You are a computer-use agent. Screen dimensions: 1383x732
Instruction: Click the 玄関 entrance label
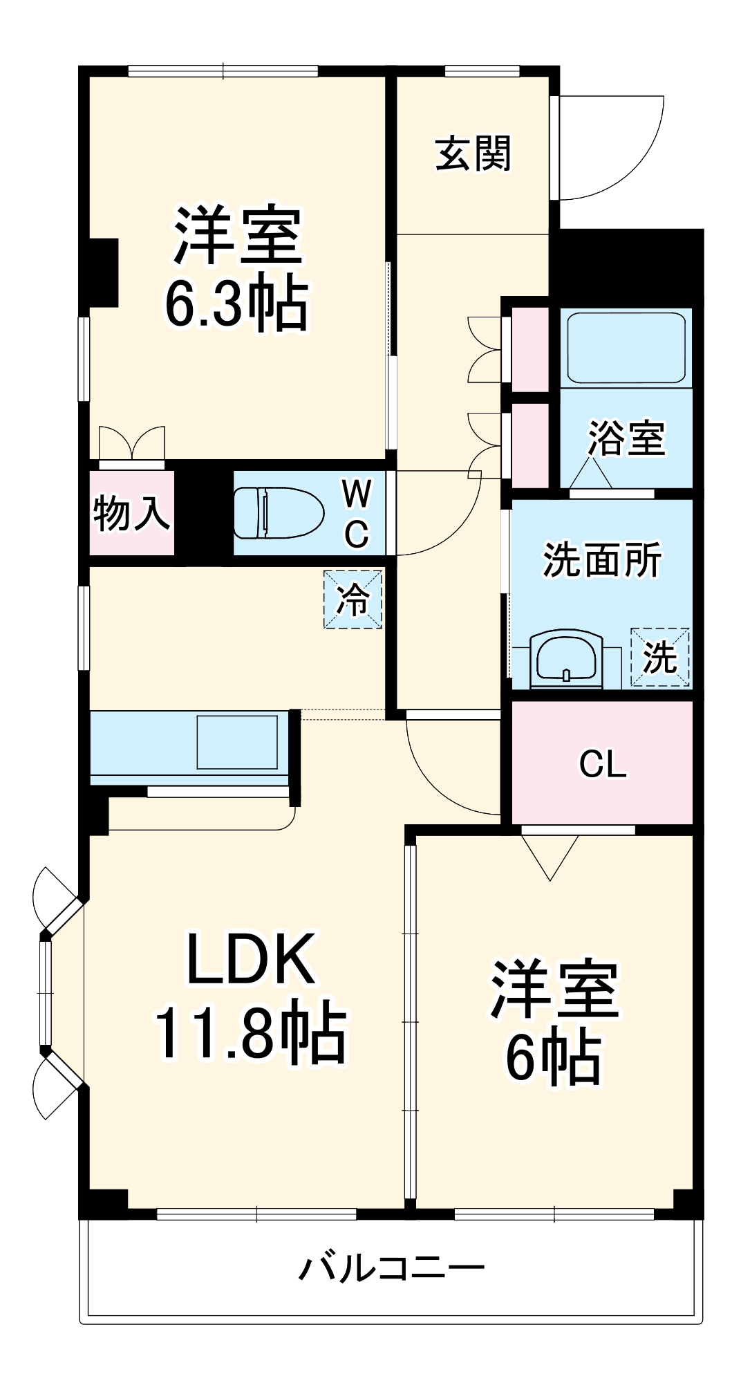click(473, 154)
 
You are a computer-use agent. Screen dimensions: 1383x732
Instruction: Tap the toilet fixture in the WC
click(279, 512)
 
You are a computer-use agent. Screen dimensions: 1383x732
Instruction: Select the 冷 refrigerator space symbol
click(353, 599)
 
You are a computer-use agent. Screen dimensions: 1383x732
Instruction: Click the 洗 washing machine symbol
click(659, 658)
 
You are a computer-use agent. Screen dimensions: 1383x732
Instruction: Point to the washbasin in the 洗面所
click(566, 658)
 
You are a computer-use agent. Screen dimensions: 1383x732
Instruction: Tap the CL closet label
click(603, 764)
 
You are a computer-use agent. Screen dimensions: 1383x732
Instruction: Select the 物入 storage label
click(131, 513)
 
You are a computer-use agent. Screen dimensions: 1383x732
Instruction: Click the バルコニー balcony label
click(391, 1268)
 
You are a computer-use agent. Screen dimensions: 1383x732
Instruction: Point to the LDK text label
click(251, 959)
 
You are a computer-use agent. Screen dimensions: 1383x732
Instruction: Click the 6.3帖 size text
click(236, 303)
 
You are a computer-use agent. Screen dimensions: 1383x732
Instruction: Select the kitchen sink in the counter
click(237, 742)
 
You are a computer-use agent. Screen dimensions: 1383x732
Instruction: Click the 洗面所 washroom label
click(602, 559)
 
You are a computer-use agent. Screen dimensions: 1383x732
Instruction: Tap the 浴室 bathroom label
click(626, 438)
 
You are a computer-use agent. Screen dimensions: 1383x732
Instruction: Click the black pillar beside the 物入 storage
click(203, 512)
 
